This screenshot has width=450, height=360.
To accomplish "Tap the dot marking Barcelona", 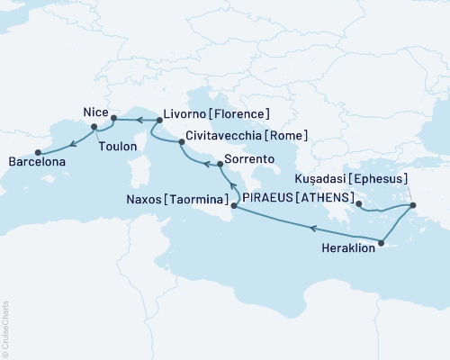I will click(37, 152).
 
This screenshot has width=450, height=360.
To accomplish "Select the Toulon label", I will click(118, 146).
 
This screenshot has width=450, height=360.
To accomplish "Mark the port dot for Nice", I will click(113, 118).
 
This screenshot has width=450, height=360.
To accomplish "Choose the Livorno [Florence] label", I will click(216, 114).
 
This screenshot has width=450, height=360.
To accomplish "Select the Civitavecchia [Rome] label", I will click(246, 136).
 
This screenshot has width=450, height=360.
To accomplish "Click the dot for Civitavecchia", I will click(176, 139).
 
